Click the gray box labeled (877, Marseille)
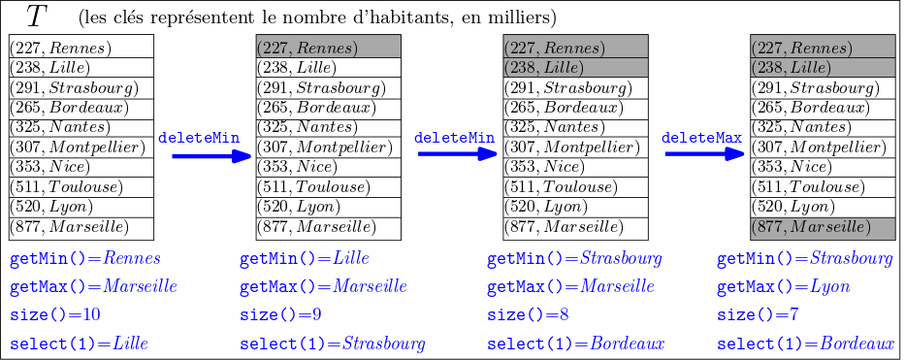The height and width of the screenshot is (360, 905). pyautogui.click(x=822, y=228)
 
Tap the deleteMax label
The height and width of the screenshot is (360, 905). pyautogui.click(x=702, y=139)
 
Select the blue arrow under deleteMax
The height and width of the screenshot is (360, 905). pyautogui.click(x=703, y=154)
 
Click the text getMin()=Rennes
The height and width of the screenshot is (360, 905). pyautogui.click(x=85, y=259)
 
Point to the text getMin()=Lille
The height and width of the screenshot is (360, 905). pyautogui.click(x=304, y=259)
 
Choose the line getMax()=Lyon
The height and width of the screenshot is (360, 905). pyautogui.click(x=783, y=287)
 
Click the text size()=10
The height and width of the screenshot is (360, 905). pyautogui.click(x=55, y=315)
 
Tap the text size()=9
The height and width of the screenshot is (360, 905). pyautogui.click(x=281, y=315)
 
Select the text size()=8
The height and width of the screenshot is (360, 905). pyautogui.click(x=529, y=315)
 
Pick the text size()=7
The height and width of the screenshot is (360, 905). pyautogui.click(x=759, y=315)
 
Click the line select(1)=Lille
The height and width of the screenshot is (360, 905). pyautogui.click(x=79, y=344)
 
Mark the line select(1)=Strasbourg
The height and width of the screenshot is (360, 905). pyautogui.click(x=332, y=344)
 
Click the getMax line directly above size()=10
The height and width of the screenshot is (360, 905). pyautogui.click(x=93, y=287)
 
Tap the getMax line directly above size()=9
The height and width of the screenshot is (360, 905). pyautogui.click(x=323, y=287)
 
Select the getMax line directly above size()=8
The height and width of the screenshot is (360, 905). pyautogui.click(x=570, y=287)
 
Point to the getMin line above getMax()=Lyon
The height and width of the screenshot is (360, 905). pyautogui.click(x=804, y=259)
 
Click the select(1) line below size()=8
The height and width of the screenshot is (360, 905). pyautogui.click(x=575, y=344)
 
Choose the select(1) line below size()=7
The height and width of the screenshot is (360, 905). pyautogui.click(x=804, y=344)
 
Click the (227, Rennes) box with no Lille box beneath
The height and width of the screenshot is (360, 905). pyautogui.click(x=328, y=47)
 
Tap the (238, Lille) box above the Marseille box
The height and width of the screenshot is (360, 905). pyautogui.click(x=822, y=68)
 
